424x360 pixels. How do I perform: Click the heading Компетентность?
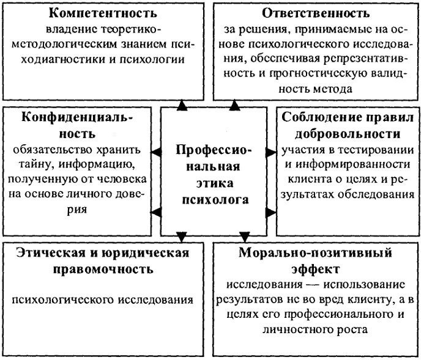click(x=102, y=13)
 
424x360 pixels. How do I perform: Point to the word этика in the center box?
click(x=212, y=182)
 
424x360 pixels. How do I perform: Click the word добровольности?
click(x=346, y=133)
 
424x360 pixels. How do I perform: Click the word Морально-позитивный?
click(x=316, y=252)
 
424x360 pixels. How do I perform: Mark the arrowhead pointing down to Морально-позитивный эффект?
click(x=245, y=236)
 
